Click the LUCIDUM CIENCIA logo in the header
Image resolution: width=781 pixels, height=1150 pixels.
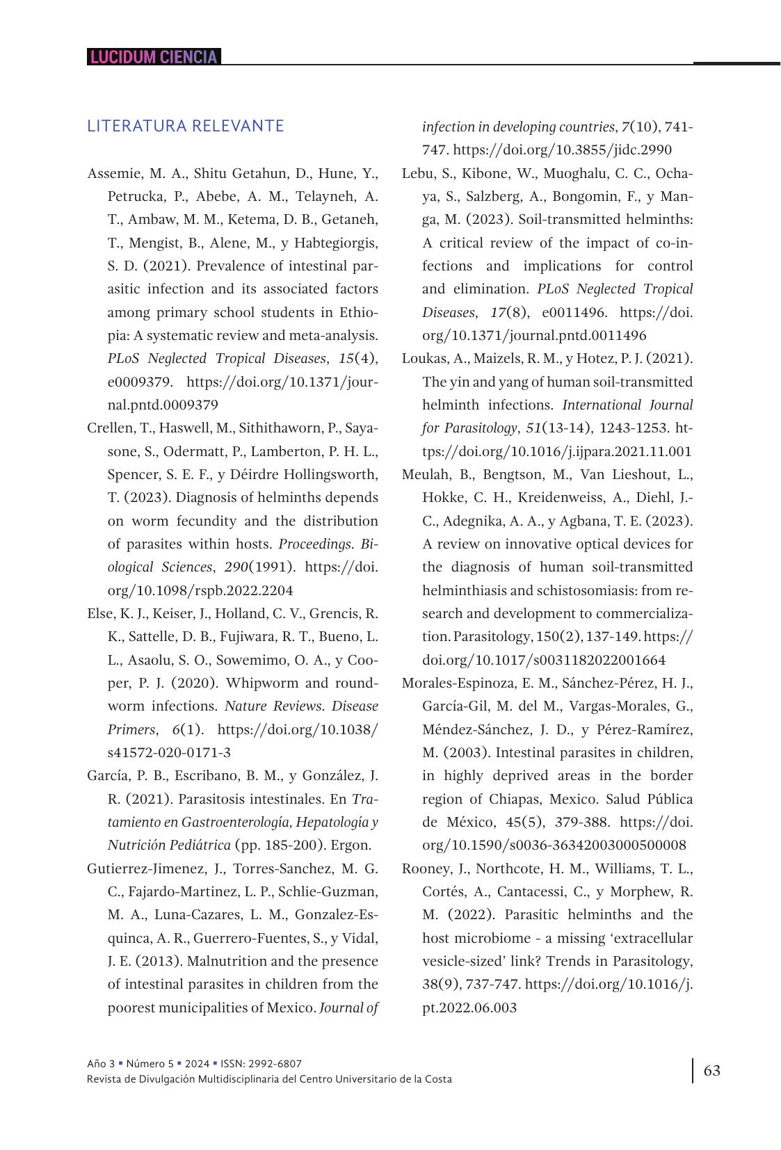pyautogui.click(x=154, y=57)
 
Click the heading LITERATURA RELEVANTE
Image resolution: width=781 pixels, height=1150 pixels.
pyautogui.click(x=186, y=126)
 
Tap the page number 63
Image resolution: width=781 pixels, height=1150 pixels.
pyautogui.click(x=712, y=1070)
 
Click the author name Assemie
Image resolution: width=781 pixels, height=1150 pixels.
pyautogui.click(x=112, y=173)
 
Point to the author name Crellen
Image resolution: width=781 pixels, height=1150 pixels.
pyautogui.click(x=109, y=428)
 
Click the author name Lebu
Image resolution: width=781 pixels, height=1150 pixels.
pyautogui.click(x=418, y=173)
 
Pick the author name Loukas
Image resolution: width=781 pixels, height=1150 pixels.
pyautogui.click(x=424, y=359)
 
